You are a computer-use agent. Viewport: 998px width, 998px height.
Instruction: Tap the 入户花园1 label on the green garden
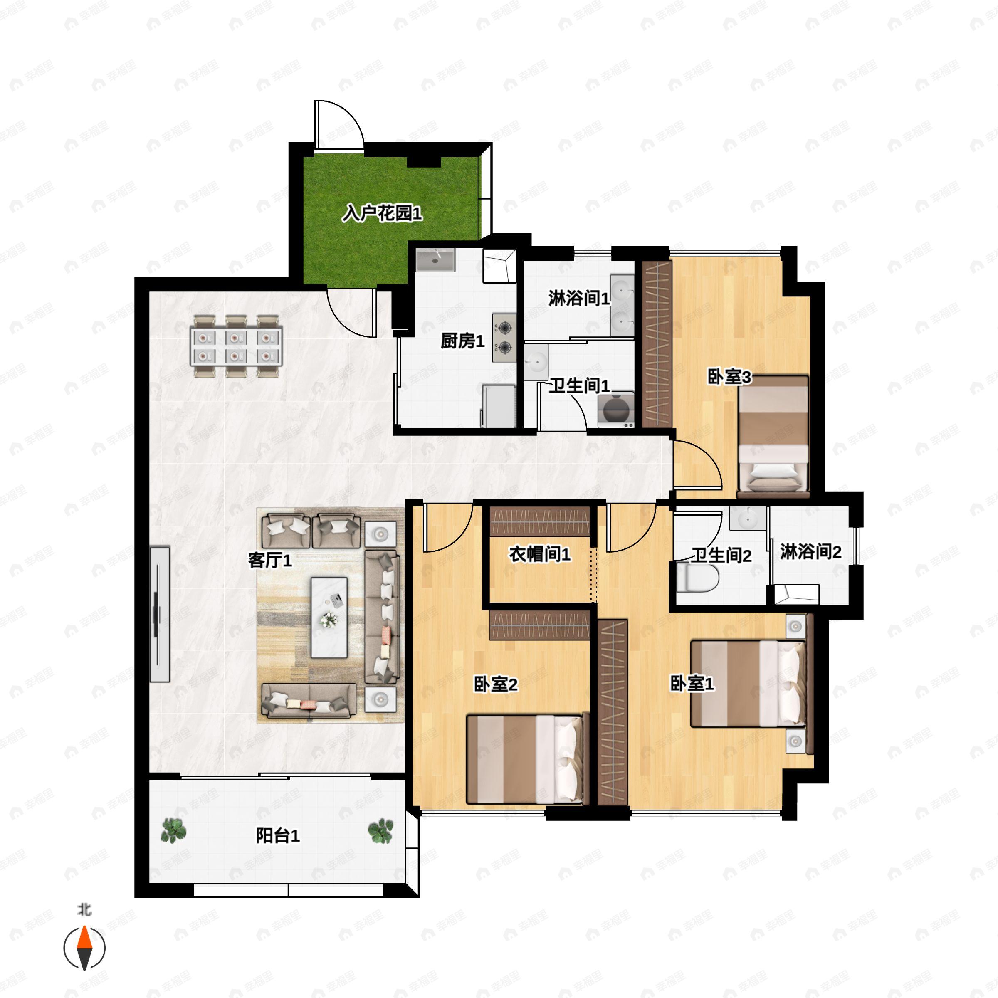click(x=382, y=213)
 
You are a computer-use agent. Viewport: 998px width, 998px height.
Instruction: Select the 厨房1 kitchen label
click(x=462, y=341)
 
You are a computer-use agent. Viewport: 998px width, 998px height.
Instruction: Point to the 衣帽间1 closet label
click(x=540, y=555)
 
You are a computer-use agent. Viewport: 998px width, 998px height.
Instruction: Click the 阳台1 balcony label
click(x=277, y=835)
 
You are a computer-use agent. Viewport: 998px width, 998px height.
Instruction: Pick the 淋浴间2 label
click(x=810, y=552)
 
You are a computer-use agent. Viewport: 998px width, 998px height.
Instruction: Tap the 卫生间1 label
click(x=579, y=385)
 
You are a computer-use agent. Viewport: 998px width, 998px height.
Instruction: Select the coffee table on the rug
click(x=329, y=617)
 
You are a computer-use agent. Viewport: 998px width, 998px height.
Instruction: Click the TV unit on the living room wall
click(x=160, y=614)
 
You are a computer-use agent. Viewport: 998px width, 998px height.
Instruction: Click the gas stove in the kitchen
click(x=504, y=336)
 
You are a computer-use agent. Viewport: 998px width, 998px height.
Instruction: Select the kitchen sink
click(x=435, y=260)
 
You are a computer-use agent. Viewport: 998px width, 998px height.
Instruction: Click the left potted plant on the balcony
click(x=173, y=831)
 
